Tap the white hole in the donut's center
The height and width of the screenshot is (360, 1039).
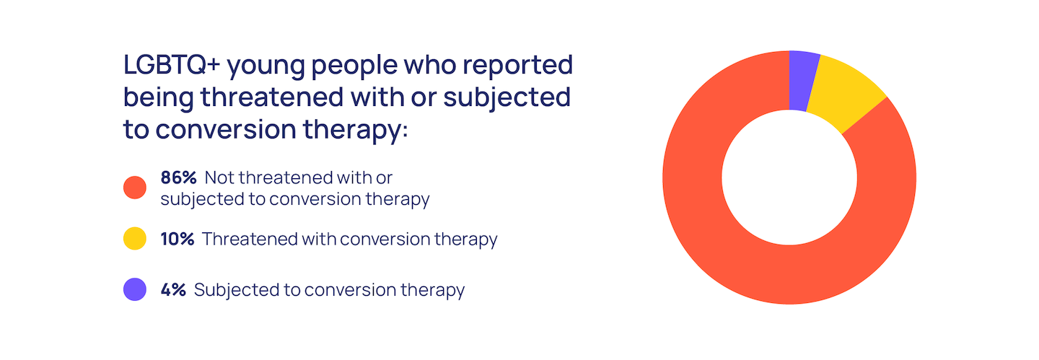point(789,177)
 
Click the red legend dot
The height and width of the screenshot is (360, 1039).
point(135,188)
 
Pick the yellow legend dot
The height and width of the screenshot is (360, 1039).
point(135,239)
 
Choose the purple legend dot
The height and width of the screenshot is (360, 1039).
point(135,289)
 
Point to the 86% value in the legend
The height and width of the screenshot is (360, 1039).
point(179,177)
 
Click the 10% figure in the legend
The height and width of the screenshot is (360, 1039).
point(177,239)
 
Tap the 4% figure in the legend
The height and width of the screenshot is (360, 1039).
point(173,289)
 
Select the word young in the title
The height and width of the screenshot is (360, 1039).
point(266,67)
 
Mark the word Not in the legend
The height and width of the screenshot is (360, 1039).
point(218,177)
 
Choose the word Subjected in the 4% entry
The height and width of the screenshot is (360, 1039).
point(235,291)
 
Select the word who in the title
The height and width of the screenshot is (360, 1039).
point(430,64)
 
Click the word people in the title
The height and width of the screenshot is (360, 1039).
point(354,67)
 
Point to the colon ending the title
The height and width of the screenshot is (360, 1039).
point(405,131)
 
